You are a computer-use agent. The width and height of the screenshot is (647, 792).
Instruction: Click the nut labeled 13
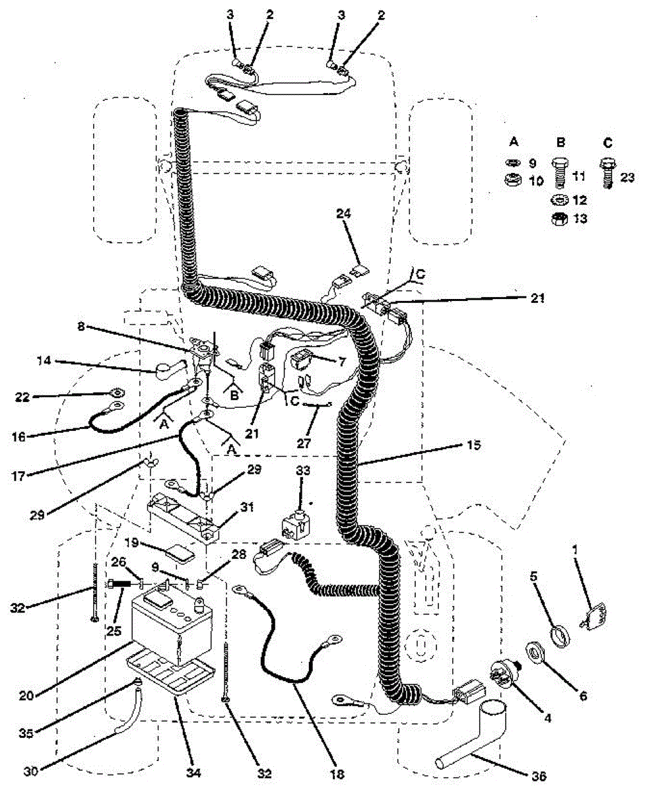click(x=560, y=220)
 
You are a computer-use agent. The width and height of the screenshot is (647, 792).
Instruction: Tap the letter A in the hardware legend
click(x=514, y=141)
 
